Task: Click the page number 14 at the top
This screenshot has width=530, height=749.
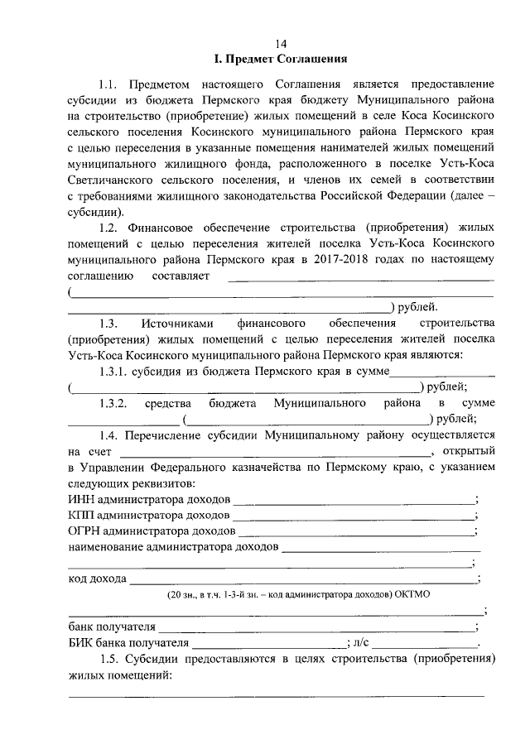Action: click(x=281, y=43)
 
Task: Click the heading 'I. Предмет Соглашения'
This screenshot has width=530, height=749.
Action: click(x=281, y=59)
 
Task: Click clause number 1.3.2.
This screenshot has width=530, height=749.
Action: click(x=113, y=403)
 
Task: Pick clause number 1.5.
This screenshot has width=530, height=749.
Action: click(x=108, y=659)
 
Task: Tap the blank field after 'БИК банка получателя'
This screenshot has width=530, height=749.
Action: click(x=269, y=645)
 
